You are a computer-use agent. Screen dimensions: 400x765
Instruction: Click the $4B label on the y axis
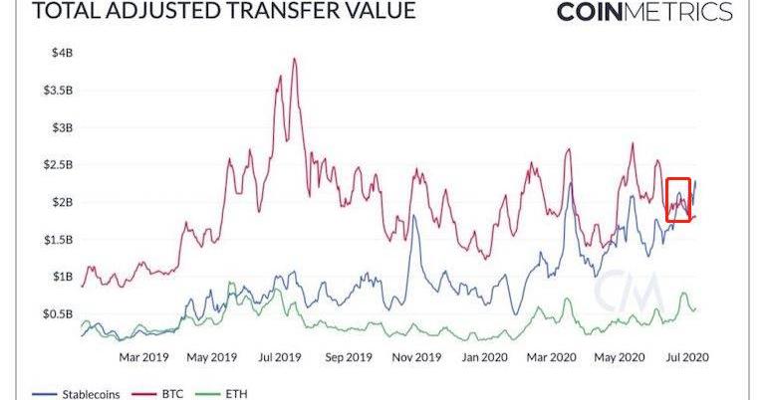[62, 53]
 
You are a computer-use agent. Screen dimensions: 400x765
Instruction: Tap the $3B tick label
[62, 127]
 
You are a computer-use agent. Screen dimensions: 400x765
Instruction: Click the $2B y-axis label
[62, 202]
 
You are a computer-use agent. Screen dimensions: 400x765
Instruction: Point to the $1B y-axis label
[62, 276]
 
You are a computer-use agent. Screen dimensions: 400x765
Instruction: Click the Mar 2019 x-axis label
[144, 355]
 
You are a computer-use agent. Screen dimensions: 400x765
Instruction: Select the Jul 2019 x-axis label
[280, 355]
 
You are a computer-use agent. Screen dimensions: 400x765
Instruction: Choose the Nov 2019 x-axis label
[415, 355]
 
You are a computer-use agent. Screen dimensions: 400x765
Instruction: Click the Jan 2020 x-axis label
[485, 355]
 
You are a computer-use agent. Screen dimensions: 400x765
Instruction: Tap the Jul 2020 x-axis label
[688, 355]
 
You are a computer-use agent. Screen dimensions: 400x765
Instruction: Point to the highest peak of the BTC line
[294, 59]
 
